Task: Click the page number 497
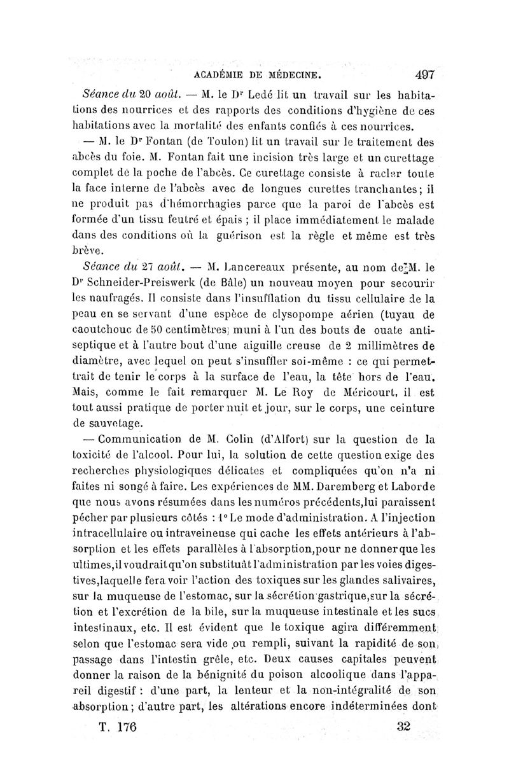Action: [421, 74]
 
